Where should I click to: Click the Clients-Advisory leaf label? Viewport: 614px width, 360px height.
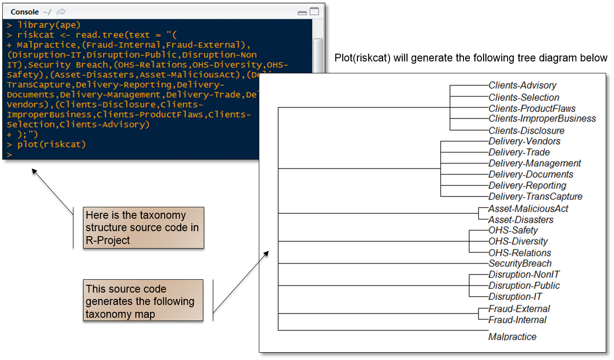[522, 85]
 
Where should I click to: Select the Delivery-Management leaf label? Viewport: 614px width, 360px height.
[535, 163]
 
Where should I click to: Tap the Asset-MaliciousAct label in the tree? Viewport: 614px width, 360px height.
[528, 209]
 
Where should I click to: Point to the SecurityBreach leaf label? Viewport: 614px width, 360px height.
[520, 263]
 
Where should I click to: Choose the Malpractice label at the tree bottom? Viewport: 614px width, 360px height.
[512, 337]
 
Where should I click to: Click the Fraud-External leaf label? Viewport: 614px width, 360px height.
[519, 309]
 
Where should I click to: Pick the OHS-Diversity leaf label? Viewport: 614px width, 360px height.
[518, 241]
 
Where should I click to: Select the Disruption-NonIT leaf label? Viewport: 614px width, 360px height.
[524, 274]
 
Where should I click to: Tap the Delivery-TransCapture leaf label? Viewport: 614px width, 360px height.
[536, 196]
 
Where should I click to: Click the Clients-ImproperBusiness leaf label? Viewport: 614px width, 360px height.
[542, 119]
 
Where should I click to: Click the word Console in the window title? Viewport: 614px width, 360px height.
[25, 12]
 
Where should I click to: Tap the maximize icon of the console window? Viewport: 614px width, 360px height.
[314, 11]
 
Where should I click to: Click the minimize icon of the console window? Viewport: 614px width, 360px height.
[302, 13]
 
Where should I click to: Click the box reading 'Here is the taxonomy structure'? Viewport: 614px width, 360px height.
[144, 227]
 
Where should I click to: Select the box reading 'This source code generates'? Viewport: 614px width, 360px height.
[143, 300]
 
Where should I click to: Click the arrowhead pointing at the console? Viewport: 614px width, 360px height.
[34, 171]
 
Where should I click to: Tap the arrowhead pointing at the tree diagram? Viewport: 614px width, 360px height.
[266, 254]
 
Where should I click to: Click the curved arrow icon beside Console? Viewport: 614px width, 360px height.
[61, 12]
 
